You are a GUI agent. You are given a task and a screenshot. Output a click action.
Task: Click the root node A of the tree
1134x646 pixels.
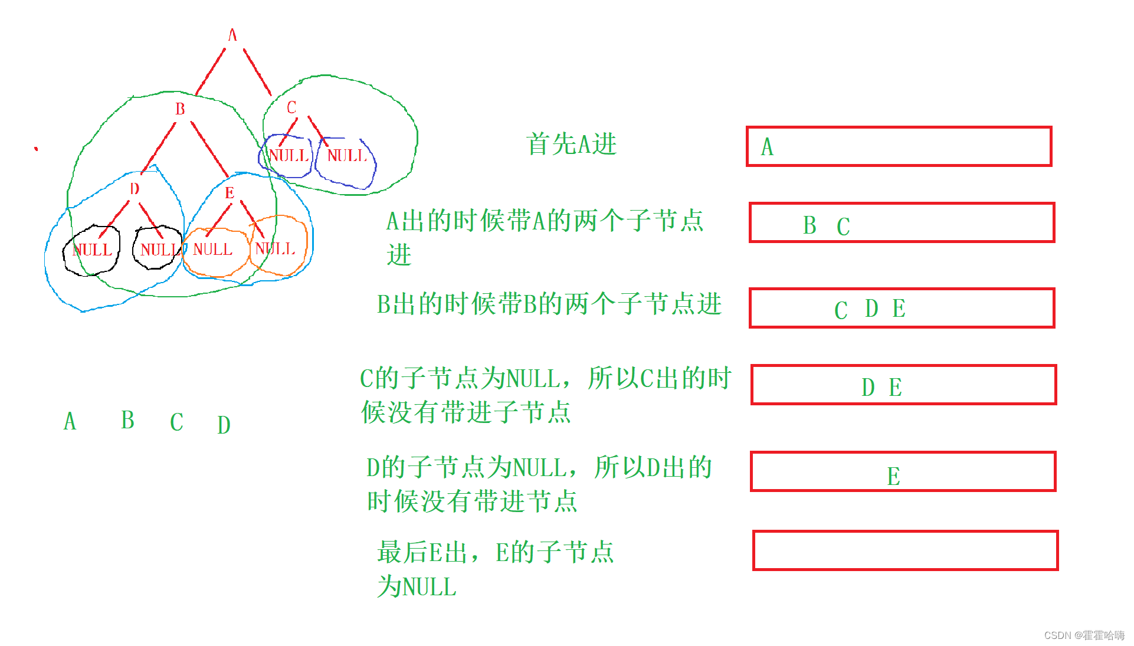point(232,35)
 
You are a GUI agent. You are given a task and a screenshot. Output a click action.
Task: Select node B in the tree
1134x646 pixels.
point(180,109)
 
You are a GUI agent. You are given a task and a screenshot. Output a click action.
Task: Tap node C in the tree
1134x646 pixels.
point(291,107)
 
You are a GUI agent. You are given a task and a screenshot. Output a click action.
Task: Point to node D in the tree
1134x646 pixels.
point(135,189)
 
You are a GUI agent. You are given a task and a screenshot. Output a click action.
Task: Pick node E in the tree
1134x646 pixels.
point(230,192)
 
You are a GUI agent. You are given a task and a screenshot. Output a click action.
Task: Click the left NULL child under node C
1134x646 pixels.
point(289,156)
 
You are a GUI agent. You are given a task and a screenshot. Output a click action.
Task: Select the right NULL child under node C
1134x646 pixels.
point(347,156)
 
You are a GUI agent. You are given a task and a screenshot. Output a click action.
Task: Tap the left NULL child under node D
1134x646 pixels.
point(93,250)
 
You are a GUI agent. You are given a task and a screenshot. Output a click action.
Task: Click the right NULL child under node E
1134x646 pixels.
point(276,249)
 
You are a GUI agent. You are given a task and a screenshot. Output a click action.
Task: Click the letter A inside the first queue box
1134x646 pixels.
point(767,147)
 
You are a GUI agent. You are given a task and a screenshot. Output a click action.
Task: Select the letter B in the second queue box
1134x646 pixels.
point(809,225)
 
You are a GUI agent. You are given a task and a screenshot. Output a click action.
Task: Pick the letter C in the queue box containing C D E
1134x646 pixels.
point(841,310)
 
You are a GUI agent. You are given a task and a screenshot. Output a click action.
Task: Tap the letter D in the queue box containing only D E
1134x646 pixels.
point(868,388)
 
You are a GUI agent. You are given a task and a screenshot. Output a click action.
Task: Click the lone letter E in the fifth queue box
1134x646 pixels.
point(893,476)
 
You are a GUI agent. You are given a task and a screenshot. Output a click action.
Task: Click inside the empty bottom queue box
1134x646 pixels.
point(905,550)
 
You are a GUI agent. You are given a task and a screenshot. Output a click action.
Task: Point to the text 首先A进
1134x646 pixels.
point(571,144)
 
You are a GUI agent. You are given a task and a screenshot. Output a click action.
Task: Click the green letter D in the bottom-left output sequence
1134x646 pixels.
point(224,425)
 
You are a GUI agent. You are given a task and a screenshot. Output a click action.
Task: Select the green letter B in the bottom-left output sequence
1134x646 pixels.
point(127,420)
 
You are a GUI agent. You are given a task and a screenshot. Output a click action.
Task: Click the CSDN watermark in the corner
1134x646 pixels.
point(1084,635)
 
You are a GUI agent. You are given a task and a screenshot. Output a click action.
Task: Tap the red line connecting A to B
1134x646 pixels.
point(211,71)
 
